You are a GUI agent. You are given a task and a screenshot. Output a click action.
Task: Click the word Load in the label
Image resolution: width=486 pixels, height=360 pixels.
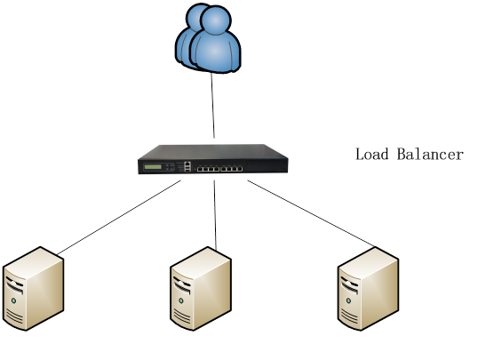[x=372, y=154]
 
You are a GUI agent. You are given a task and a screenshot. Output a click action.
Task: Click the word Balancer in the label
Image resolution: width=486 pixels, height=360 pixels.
[x=431, y=154]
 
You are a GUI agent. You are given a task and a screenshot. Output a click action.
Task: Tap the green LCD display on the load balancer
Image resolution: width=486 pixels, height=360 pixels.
[x=153, y=167]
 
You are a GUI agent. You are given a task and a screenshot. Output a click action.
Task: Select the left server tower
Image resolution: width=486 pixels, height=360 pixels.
[x=33, y=289]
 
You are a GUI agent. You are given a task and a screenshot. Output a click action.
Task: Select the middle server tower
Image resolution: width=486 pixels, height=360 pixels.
[x=201, y=289]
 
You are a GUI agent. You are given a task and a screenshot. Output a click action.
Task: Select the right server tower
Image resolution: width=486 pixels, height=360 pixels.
[x=368, y=289]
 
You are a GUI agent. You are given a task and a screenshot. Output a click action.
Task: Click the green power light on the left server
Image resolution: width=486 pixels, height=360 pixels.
[x=13, y=300]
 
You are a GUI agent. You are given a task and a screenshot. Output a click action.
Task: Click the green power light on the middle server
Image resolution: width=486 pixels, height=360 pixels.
[x=181, y=300]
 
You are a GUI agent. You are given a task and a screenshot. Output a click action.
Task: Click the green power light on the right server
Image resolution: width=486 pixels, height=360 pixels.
[x=348, y=300]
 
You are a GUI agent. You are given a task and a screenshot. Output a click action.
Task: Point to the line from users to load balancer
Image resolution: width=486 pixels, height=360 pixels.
[x=212, y=106]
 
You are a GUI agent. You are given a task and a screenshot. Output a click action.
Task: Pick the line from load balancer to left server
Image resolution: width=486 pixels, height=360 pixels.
[x=119, y=218]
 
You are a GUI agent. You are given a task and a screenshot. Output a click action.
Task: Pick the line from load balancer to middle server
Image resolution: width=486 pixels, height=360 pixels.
[x=215, y=215]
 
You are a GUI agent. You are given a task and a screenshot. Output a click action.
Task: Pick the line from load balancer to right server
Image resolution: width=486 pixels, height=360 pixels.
[x=311, y=213]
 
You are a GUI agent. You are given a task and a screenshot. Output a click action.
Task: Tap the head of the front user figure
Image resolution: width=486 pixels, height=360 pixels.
[x=216, y=20]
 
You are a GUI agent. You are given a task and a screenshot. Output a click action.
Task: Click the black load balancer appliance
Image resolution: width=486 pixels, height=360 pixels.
[x=213, y=159]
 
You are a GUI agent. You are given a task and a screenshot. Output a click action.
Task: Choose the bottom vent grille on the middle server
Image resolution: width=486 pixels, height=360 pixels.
[x=182, y=316]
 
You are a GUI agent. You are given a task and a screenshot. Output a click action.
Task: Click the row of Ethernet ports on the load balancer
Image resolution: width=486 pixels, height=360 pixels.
[x=219, y=169]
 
